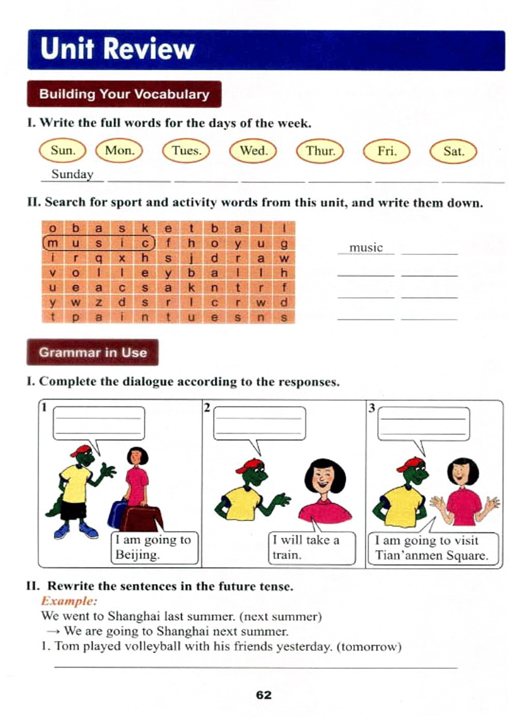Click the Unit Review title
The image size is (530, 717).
117,49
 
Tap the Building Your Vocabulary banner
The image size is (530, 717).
124,94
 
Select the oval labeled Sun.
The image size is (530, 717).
63,151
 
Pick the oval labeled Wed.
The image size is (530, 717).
253,151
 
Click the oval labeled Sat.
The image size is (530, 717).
453,151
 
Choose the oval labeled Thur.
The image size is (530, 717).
320,151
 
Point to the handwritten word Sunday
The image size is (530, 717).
72,174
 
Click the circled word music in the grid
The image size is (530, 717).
98,243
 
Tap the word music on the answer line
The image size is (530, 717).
365,248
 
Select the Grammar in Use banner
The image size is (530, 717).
93,353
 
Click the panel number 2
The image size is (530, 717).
207,407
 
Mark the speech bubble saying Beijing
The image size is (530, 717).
154,547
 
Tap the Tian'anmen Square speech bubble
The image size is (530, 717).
432,548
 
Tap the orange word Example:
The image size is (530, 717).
69,601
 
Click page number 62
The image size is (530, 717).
264,695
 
